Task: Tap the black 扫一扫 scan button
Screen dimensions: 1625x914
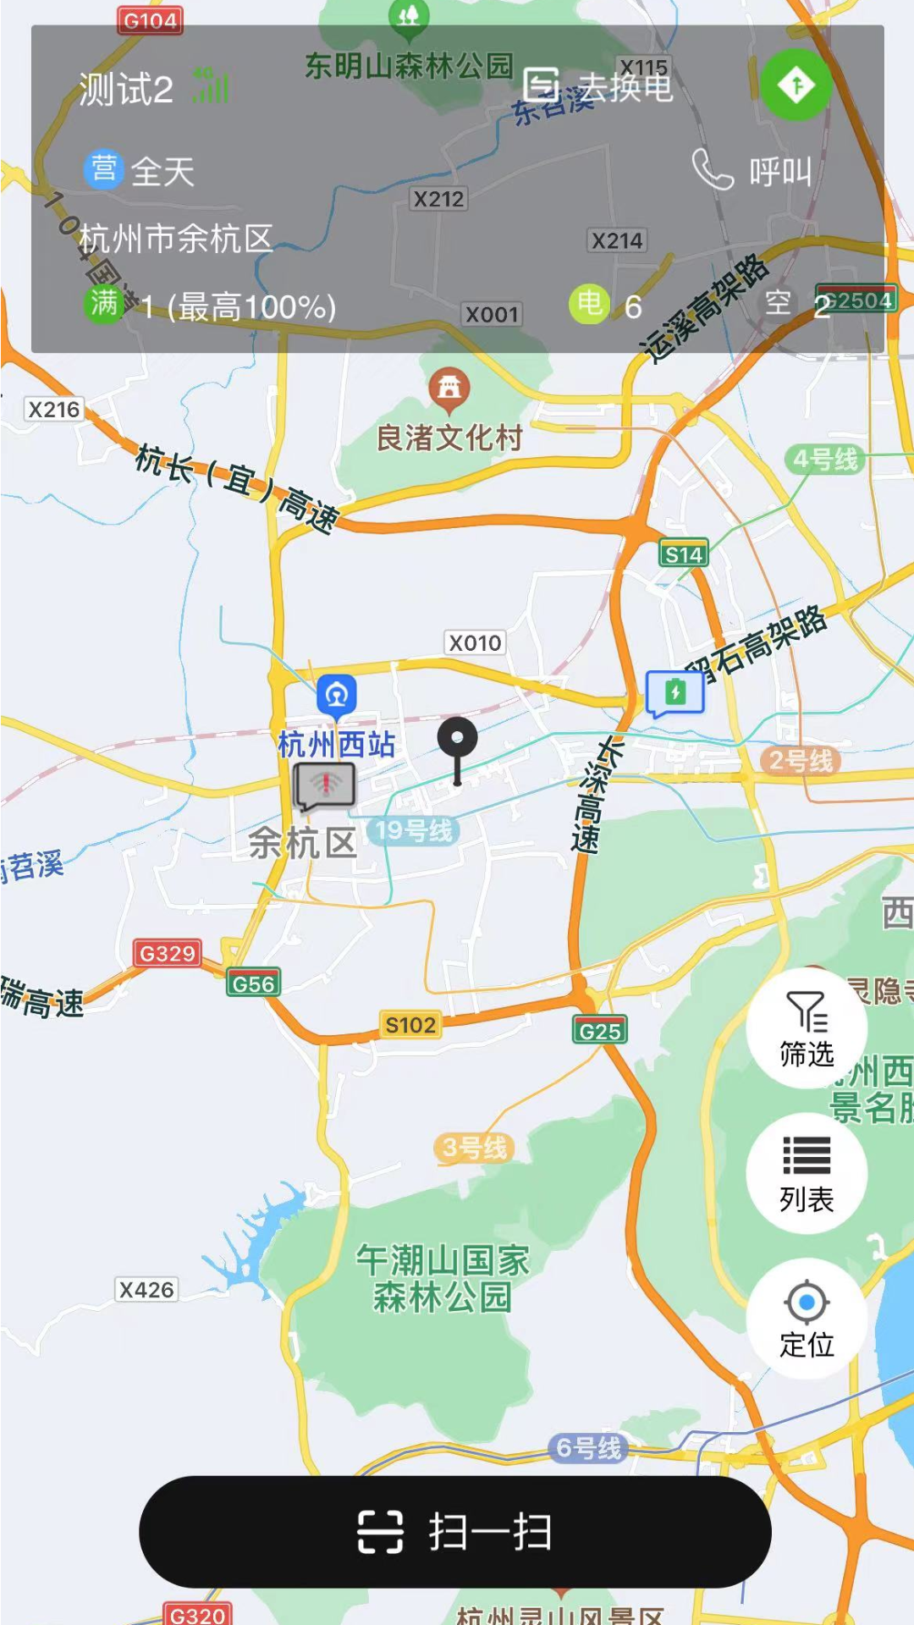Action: tap(455, 1531)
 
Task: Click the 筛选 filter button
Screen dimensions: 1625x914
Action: tap(807, 1028)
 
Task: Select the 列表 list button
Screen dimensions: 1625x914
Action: tap(807, 1173)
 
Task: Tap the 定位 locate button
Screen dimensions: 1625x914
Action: tap(807, 1318)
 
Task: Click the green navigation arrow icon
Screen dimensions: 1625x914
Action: tap(796, 85)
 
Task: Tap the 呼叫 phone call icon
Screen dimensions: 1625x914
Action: tap(713, 170)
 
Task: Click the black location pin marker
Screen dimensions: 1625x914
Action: tap(457, 741)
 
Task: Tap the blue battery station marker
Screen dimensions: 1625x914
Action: tap(675, 693)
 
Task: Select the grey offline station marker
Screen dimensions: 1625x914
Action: tap(325, 785)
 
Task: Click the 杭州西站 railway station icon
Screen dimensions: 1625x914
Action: tap(337, 696)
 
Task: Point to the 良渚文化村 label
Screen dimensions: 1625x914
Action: tap(449, 438)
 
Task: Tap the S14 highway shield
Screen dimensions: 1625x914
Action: tap(684, 554)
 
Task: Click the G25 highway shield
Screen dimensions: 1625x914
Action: tap(600, 1031)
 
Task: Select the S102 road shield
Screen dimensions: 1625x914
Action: tap(410, 1025)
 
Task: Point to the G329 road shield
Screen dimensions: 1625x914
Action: tap(168, 954)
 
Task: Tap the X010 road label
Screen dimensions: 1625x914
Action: tap(475, 643)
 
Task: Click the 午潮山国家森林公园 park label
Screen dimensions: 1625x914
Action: tap(443, 1278)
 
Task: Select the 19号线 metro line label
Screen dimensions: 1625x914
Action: tap(414, 830)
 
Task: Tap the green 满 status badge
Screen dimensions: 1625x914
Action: tap(104, 303)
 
